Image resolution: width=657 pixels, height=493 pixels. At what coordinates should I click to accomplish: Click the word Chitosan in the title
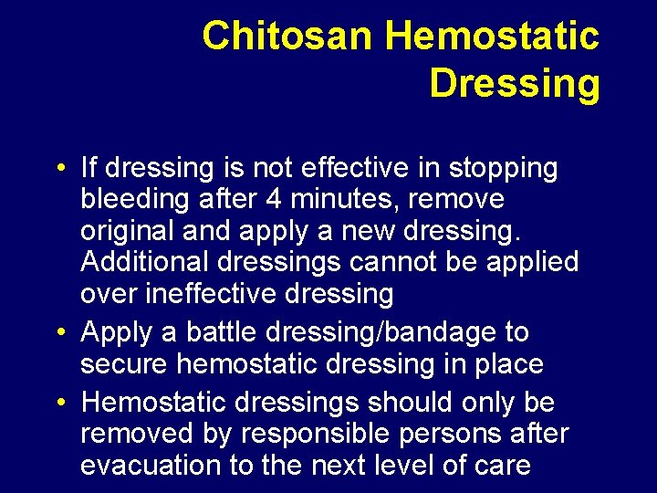point(288,37)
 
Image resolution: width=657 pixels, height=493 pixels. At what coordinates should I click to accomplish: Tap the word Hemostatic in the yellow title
point(493,37)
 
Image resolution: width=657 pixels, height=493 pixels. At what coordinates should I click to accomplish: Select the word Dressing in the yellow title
point(514,83)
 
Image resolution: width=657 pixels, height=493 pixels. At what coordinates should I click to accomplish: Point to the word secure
point(124,363)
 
